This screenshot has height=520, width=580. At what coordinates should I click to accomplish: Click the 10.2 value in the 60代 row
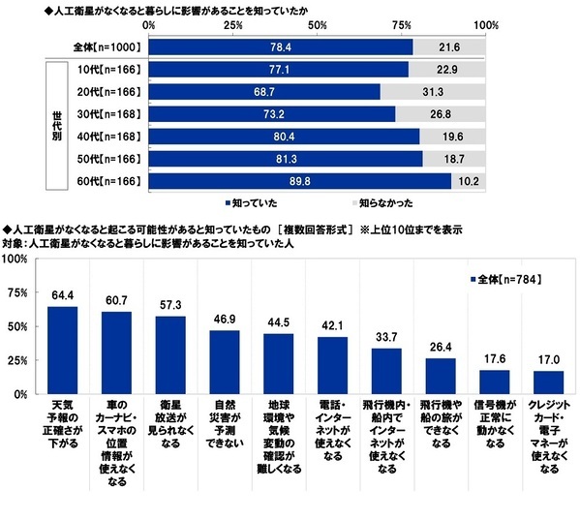[469, 180]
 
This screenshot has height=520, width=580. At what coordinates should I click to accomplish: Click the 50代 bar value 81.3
[290, 158]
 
